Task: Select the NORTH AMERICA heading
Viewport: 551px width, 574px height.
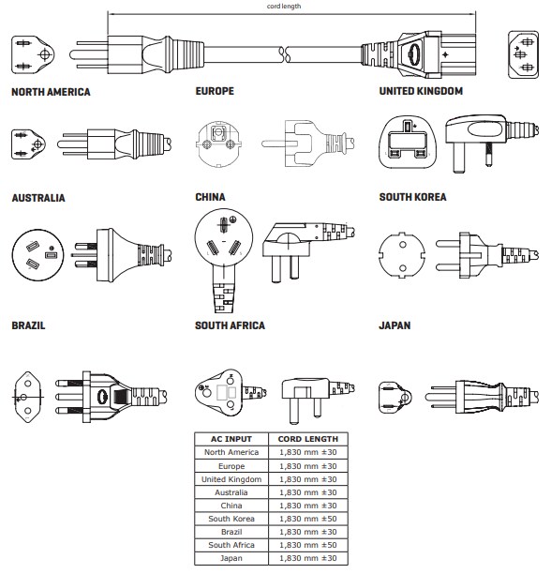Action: click(x=51, y=92)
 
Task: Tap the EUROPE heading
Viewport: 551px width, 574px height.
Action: click(x=215, y=92)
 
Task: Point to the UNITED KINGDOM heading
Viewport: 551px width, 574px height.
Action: click(x=421, y=92)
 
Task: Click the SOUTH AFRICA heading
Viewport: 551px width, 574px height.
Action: click(x=230, y=325)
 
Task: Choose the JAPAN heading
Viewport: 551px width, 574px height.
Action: click(x=395, y=325)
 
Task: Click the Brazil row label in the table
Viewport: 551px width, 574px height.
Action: click(x=231, y=532)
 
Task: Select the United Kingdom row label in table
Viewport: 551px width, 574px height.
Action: click(x=231, y=479)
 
